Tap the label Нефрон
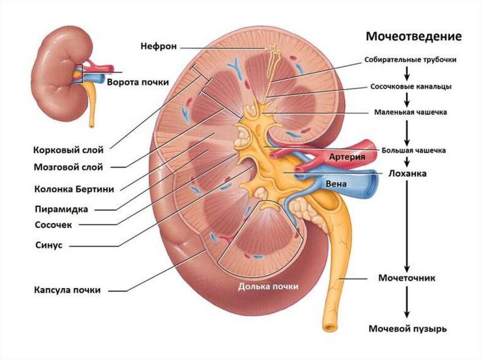point(159,46)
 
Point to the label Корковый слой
point(68,151)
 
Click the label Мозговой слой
point(68,167)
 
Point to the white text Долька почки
point(268,286)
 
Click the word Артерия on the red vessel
point(347,157)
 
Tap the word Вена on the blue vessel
point(338,184)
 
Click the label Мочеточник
point(407,278)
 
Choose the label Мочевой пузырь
point(407,329)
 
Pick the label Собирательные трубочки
point(410,60)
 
